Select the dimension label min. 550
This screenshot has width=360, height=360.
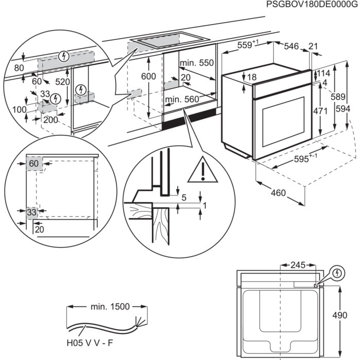(196, 63)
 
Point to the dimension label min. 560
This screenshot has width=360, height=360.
(182, 99)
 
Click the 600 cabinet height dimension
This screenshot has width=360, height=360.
(148, 76)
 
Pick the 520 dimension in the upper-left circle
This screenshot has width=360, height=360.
(63, 81)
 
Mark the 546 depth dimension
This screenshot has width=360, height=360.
(291, 46)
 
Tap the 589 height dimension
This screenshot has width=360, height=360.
(336, 96)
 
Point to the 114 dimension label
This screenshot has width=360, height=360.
(323, 73)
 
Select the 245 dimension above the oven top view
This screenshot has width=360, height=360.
(297, 265)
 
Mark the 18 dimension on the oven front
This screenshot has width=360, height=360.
(251, 78)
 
